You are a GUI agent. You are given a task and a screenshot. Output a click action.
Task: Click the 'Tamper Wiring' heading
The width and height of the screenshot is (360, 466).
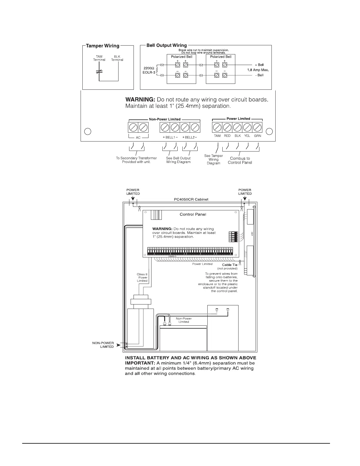pyautogui.click(x=103, y=46)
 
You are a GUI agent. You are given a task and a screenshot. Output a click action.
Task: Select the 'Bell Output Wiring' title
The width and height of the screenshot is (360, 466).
pyautogui.click(x=166, y=45)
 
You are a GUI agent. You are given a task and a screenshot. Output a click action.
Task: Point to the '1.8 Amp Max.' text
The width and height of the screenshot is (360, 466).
pyautogui.click(x=258, y=70)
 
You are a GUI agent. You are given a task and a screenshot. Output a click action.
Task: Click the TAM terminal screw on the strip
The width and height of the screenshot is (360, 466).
pyautogui.click(x=217, y=127)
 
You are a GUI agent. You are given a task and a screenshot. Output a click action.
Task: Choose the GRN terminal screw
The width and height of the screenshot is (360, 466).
pyautogui.click(x=257, y=127)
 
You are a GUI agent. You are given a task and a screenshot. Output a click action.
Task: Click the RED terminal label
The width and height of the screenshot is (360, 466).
pyautogui.click(x=227, y=136)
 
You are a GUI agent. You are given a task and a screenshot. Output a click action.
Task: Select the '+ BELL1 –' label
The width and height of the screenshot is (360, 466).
pyautogui.click(x=170, y=137)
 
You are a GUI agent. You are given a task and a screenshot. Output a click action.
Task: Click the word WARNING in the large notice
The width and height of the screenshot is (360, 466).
pyautogui.click(x=140, y=99)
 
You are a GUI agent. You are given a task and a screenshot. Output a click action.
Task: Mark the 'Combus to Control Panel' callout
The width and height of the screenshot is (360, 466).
pyautogui.click(x=240, y=160)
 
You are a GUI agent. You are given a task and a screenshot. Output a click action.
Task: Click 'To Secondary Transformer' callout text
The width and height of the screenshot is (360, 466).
pyautogui.click(x=136, y=158)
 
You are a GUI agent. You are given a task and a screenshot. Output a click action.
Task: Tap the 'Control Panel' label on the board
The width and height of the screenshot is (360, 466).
pyautogui.click(x=193, y=214)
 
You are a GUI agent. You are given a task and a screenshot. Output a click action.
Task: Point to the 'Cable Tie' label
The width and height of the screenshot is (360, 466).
pyautogui.click(x=229, y=265)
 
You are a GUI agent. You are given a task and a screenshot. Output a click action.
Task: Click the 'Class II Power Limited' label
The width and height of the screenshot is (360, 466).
pyautogui.click(x=142, y=277)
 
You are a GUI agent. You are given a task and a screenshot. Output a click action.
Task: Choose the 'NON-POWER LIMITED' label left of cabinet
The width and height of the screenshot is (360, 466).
pyautogui.click(x=103, y=345)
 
